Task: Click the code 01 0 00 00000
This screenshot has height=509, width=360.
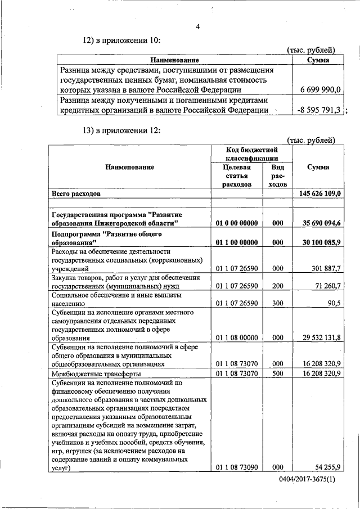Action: click(237, 223)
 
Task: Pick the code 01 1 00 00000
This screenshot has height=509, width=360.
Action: click(237, 242)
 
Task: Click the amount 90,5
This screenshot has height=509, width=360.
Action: click(332, 303)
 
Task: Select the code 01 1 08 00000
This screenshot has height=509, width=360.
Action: click(237, 338)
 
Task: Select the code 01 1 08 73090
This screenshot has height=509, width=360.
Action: click(237, 467)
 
